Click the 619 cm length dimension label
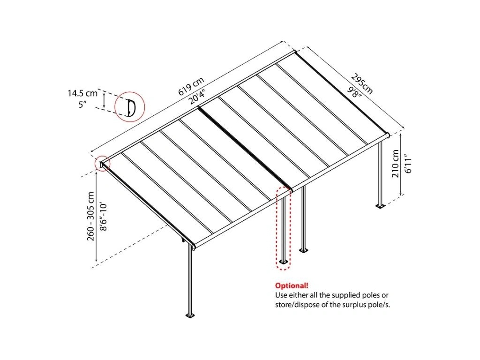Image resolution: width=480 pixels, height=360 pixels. (x=191, y=86)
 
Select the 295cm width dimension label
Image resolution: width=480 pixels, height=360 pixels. (x=362, y=83)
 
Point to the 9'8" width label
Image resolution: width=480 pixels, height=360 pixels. (x=355, y=91)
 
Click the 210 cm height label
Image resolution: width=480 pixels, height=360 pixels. (x=395, y=163)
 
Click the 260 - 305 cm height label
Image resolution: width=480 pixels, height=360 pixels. (x=91, y=216)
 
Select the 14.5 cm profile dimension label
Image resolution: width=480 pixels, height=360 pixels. (x=82, y=93)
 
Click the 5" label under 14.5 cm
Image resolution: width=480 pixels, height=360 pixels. (x=82, y=105)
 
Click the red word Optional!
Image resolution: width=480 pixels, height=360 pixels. (x=292, y=285)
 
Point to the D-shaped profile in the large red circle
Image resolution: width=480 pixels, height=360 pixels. (x=132, y=108)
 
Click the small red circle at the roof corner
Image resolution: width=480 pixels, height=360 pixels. (x=102, y=164)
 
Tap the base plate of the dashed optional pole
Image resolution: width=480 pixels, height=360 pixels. (x=284, y=262)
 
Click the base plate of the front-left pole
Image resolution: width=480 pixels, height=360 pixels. (x=190, y=315)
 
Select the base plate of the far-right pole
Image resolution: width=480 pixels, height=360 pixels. (x=380, y=206)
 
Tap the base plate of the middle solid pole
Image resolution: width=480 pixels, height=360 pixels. (x=304, y=250)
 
